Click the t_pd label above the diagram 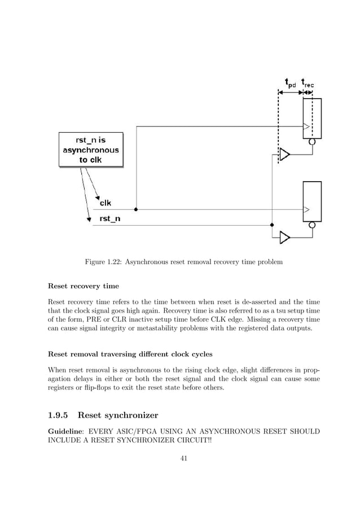289,84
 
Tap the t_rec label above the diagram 308,84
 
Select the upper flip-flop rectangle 312,119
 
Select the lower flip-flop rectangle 312,201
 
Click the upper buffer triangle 285,154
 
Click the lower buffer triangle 285,238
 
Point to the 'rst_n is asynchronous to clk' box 90,150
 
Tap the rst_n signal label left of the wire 110,218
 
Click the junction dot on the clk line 137,209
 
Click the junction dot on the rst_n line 272,225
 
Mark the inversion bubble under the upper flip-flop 312,142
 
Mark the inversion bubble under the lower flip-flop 312,225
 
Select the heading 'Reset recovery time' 84,286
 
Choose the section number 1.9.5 58,416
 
